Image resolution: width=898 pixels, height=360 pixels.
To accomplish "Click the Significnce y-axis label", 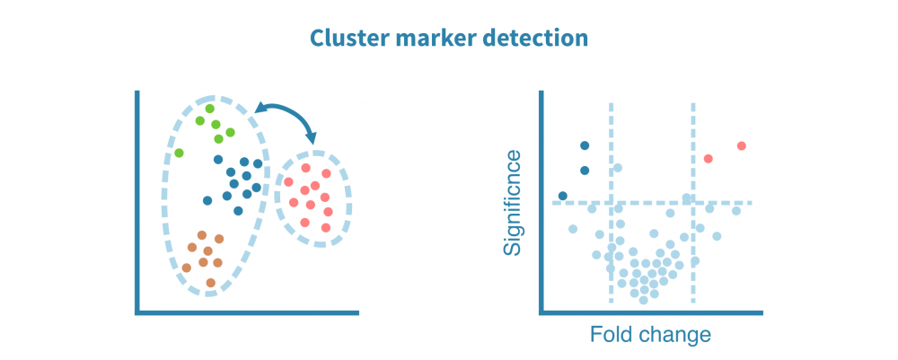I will [513, 203].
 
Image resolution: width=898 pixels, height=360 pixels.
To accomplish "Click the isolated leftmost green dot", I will [179, 153].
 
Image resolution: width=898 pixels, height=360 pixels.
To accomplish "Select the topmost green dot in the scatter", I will [209, 109].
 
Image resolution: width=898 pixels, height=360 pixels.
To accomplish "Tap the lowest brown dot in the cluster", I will [210, 283].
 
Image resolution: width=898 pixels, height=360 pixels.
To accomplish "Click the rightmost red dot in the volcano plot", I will [741, 146].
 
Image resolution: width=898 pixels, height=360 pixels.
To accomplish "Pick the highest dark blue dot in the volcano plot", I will [585, 145].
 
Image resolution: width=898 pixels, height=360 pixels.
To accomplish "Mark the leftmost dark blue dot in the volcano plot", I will [563, 196].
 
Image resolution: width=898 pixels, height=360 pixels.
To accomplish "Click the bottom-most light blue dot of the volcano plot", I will [643, 300].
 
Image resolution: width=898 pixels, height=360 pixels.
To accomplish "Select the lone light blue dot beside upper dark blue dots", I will [617, 168].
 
